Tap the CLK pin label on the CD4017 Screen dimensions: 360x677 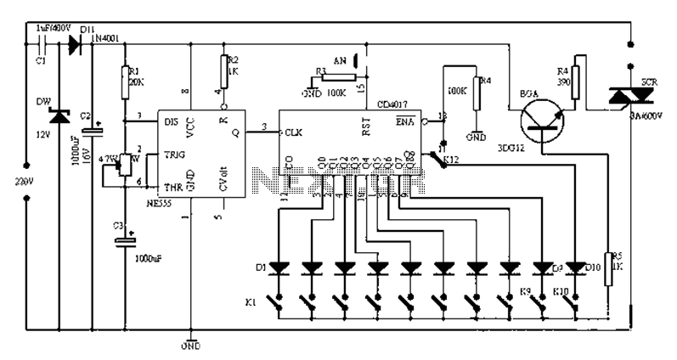[x=294, y=132]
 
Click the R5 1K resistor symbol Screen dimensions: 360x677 [x=607, y=266]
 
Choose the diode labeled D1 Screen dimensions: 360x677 [x=279, y=268]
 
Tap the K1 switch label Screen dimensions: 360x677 [x=251, y=301]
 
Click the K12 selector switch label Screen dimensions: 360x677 [x=449, y=159]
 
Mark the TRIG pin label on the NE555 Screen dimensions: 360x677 [x=172, y=156]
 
